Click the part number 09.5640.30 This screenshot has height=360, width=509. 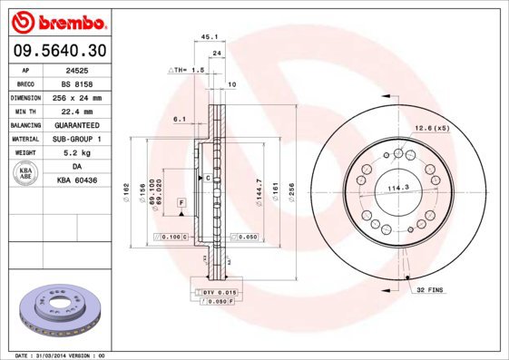tap(58, 49)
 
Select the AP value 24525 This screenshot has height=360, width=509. tap(77, 69)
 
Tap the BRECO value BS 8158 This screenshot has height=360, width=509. tap(77, 83)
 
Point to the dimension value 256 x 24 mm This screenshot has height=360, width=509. tap(77, 97)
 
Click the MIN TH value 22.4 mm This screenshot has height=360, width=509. tap(77, 111)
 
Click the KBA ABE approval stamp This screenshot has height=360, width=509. tap(25, 173)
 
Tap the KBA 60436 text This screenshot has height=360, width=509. tap(77, 180)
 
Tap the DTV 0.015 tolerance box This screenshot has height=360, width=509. tap(218, 291)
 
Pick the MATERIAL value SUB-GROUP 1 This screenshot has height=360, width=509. tap(77, 139)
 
